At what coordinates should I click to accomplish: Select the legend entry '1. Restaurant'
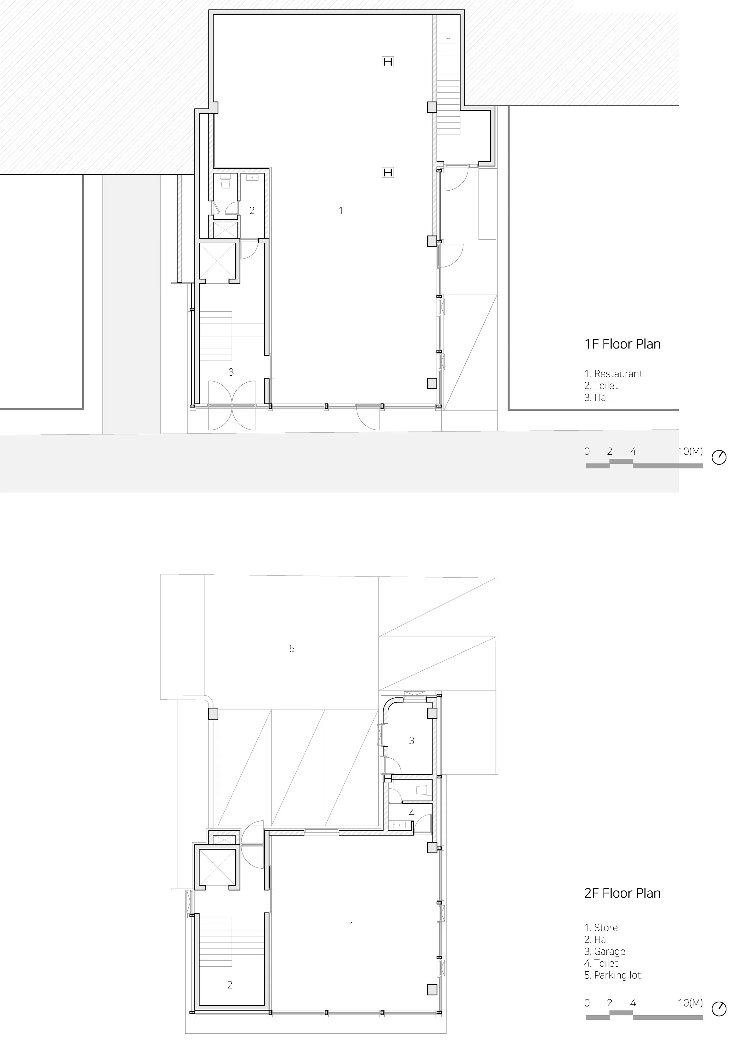click(613, 374)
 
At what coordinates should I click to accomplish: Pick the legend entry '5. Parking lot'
click(613, 975)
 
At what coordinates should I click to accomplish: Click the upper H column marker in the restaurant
click(388, 61)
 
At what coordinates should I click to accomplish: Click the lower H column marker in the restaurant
click(388, 172)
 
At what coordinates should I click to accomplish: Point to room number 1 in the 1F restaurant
click(341, 210)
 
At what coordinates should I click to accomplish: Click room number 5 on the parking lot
click(292, 648)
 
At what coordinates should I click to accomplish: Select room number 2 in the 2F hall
click(230, 985)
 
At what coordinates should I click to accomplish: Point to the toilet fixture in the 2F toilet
click(423, 789)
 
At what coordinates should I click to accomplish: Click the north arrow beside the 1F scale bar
click(719, 457)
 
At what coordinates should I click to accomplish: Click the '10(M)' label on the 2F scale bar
click(690, 1003)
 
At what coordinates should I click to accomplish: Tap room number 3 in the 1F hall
click(231, 372)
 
